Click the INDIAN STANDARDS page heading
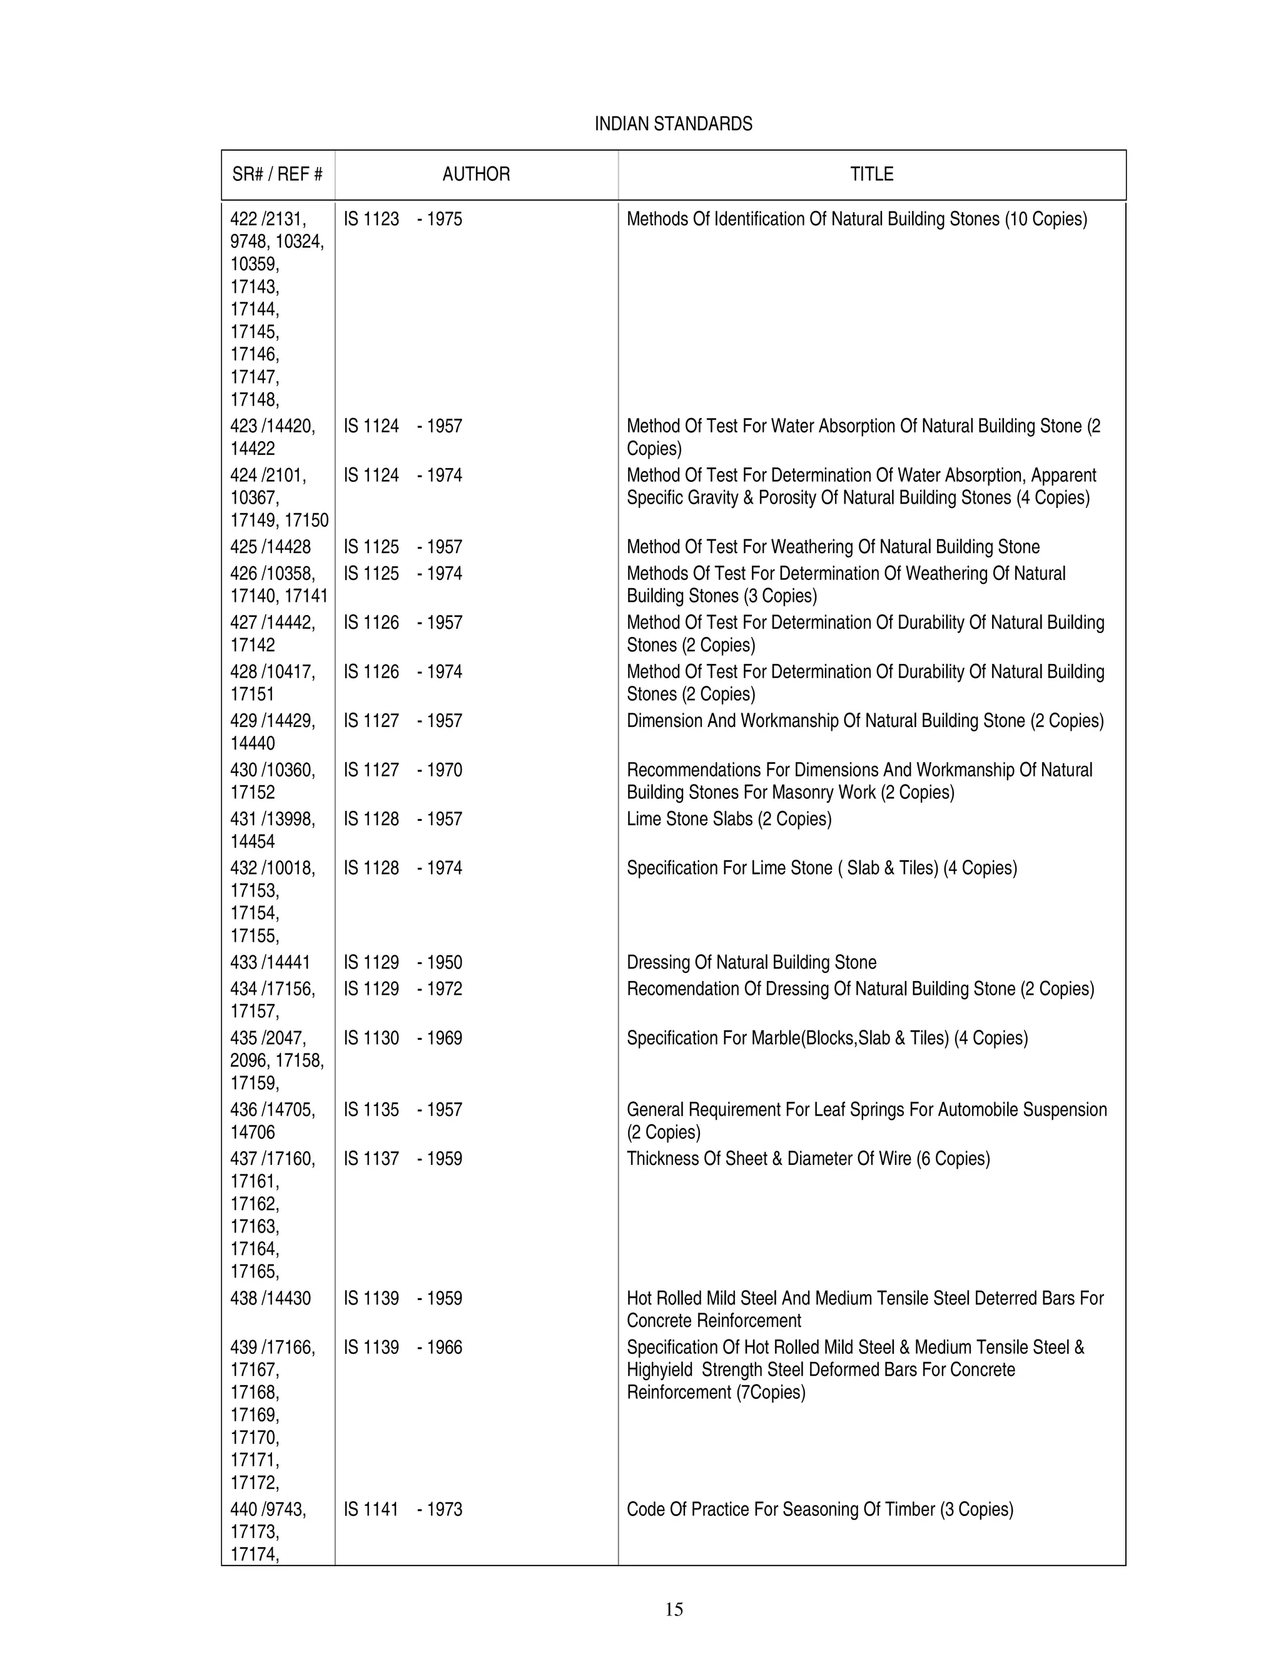pos(673,124)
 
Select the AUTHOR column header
pos(476,175)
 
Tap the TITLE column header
pos(871,175)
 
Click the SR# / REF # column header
pos(277,175)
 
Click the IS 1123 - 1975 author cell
pos(402,220)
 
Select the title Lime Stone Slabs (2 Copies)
pos(729,819)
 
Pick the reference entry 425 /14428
pos(270,547)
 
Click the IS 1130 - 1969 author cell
pos(402,1038)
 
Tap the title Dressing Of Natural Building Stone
pos(751,963)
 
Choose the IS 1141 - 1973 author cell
pos(402,1509)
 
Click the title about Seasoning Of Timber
pos(819,1509)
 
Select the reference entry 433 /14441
pos(270,963)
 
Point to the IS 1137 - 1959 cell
pos(402,1159)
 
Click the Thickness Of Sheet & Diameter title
pos(808,1159)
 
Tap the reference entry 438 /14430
pos(270,1298)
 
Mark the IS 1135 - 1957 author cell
pos(402,1110)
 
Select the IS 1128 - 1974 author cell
pos(402,868)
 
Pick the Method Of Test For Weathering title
pos(833,547)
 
